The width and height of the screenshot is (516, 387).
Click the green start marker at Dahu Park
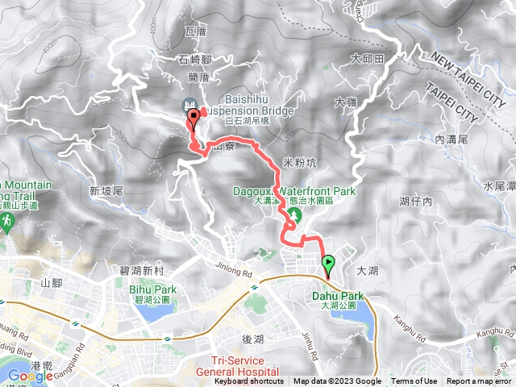point(328,264)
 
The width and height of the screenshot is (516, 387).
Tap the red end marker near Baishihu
point(193,120)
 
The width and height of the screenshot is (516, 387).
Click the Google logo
point(30,376)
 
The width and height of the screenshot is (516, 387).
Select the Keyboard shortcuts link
point(248,381)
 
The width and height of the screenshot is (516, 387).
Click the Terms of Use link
point(414,381)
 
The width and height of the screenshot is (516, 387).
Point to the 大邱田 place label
point(367,58)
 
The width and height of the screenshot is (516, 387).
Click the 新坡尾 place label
point(106,191)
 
